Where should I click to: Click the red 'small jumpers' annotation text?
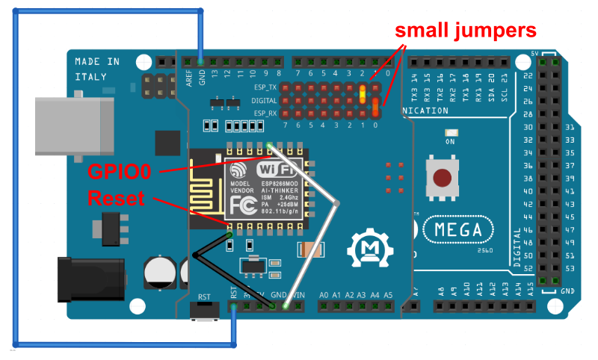click(x=466, y=31)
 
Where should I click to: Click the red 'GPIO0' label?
click(x=120, y=172)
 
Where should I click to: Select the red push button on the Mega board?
click(x=443, y=177)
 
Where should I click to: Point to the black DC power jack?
click(x=84, y=278)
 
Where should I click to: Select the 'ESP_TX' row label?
click(x=265, y=87)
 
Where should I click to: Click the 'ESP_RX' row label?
click(x=265, y=113)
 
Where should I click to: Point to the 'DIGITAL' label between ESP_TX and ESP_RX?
click(x=264, y=100)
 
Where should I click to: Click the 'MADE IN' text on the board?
click(x=97, y=61)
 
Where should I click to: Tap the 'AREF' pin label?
click(x=189, y=75)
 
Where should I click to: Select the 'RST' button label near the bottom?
click(x=204, y=297)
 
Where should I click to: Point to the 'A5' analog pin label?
click(x=388, y=295)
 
